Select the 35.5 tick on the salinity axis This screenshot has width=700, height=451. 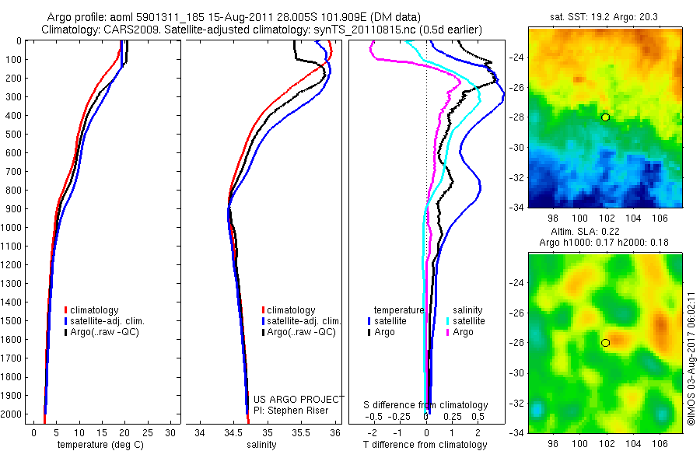tap(301, 432)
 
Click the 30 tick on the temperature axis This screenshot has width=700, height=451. tap(170, 432)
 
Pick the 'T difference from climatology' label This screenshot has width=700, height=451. tap(425, 445)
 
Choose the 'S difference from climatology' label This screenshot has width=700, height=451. tap(425, 405)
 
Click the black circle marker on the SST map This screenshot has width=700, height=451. tap(605, 117)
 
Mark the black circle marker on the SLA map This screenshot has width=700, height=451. tap(605, 342)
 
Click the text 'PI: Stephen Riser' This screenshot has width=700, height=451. tap(292, 410)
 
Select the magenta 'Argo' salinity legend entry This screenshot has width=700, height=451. tap(462, 332)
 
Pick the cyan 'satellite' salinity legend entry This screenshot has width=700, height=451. tap(468, 320)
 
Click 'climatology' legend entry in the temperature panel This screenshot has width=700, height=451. tap(94, 310)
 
